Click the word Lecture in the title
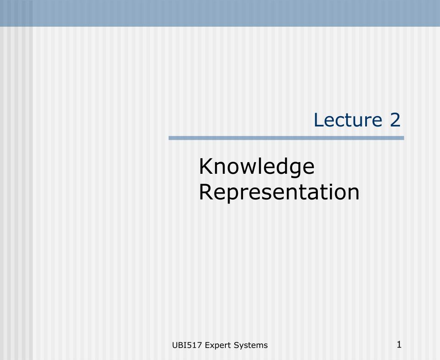(x=348, y=120)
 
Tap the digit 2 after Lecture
(x=395, y=120)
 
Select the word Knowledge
(x=257, y=167)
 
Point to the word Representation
(x=279, y=192)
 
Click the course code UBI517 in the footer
(x=187, y=345)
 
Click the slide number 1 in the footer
(x=399, y=345)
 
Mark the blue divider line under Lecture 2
(x=286, y=138)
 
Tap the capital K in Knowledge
(x=206, y=166)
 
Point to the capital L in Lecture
(x=319, y=120)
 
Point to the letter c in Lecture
(x=340, y=121)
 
